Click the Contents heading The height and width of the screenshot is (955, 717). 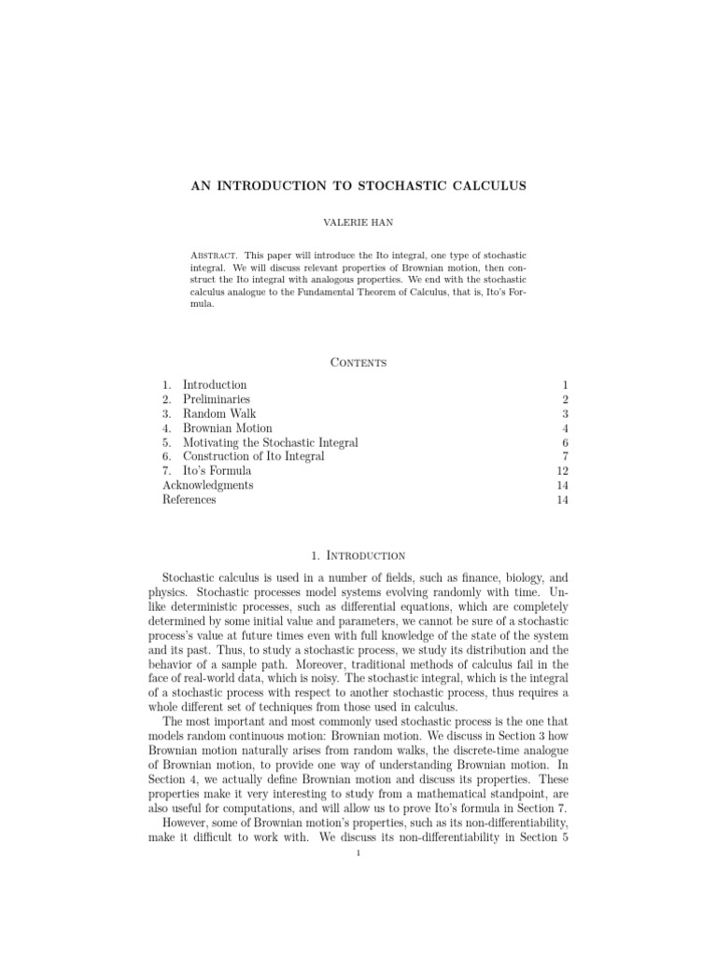(358, 362)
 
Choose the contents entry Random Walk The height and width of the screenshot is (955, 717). (219, 413)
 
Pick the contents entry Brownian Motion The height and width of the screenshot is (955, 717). (228, 428)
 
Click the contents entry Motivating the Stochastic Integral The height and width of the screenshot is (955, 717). (270, 442)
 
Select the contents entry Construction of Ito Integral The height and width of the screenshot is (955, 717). (254, 456)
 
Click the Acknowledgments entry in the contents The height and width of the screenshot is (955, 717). (207, 485)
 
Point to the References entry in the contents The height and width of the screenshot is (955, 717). (189, 499)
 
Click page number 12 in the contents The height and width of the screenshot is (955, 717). (549, 471)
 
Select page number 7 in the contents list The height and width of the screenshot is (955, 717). (552, 456)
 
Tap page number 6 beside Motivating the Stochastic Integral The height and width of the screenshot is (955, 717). (552, 442)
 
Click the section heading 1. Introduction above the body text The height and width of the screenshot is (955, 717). (358, 555)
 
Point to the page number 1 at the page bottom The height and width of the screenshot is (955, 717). (358, 863)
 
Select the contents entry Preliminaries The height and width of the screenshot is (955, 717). (216, 399)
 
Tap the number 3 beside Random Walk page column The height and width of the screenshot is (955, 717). (552, 413)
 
